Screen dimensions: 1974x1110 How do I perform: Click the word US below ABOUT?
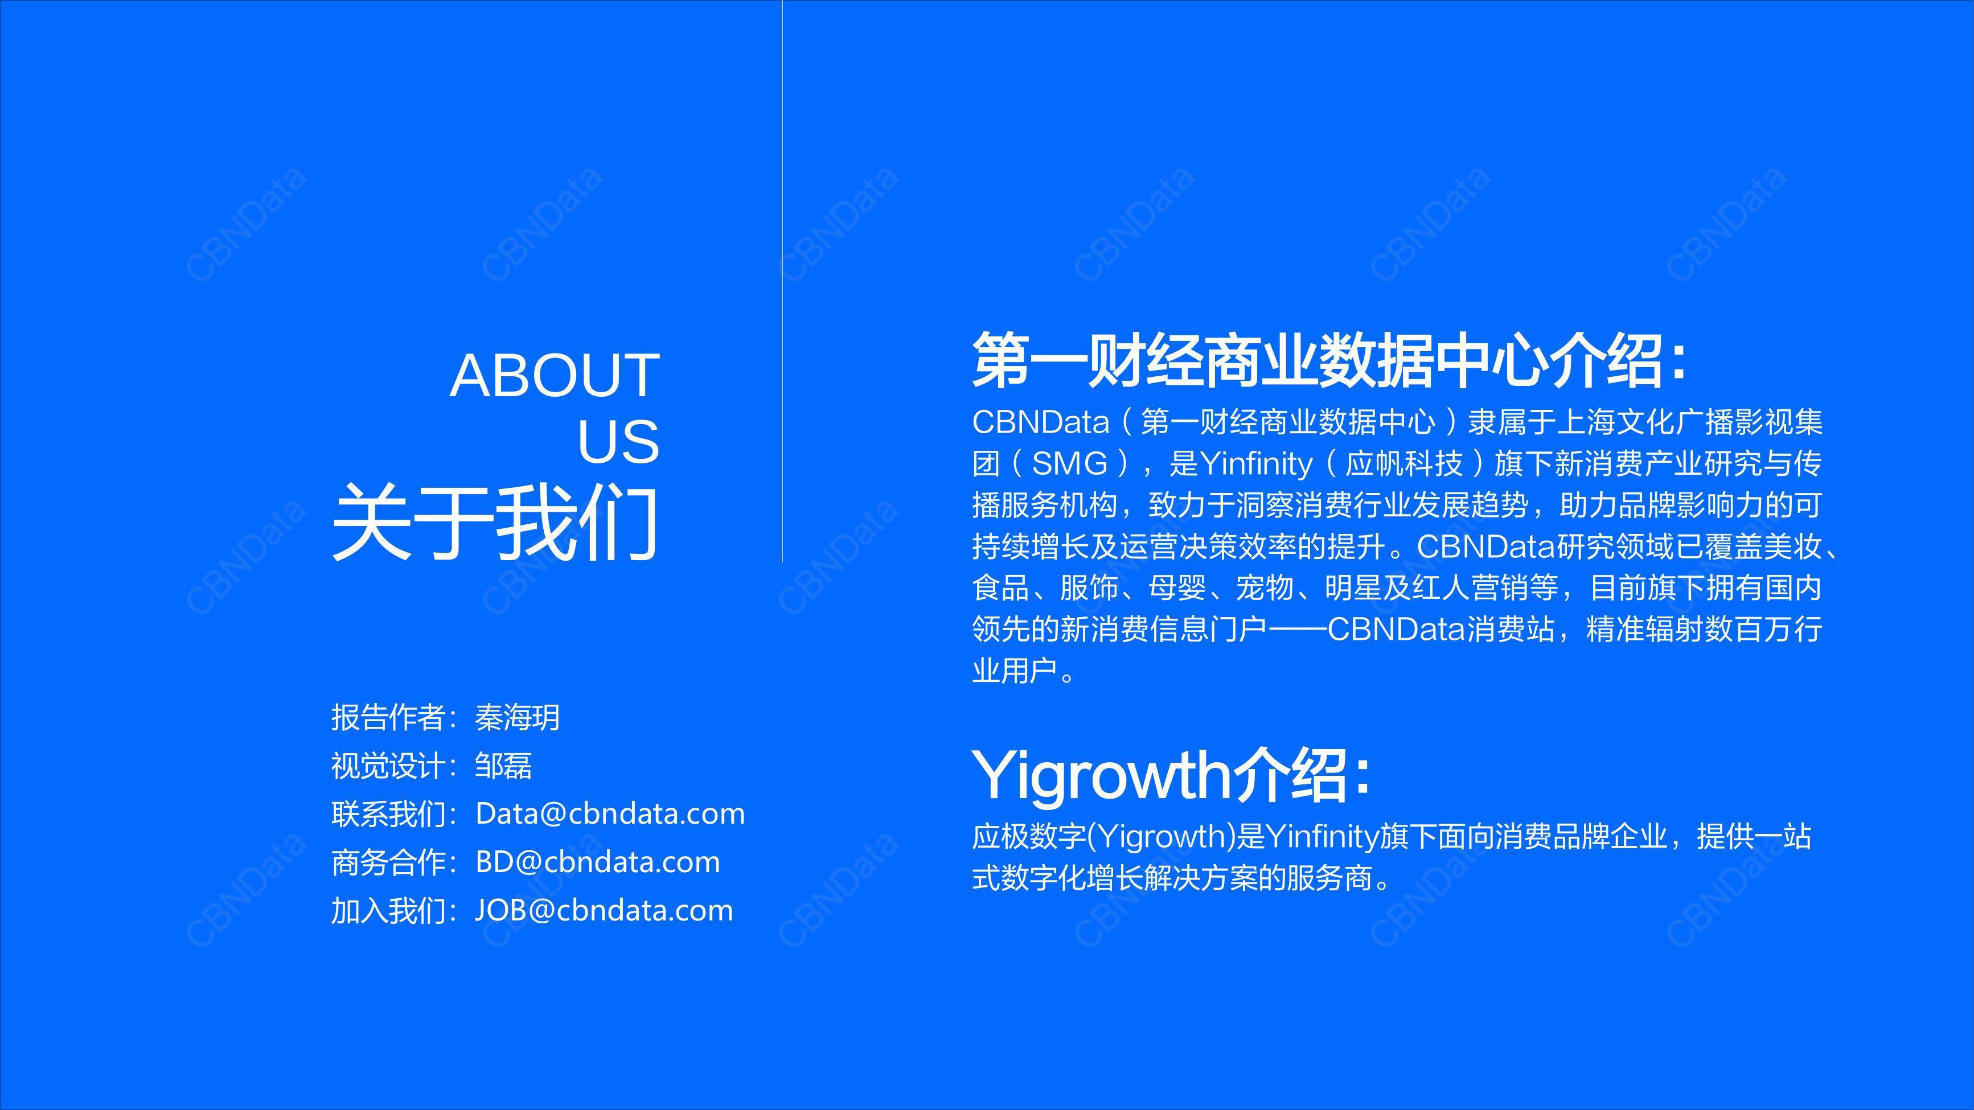click(x=618, y=442)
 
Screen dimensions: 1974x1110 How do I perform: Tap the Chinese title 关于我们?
click(x=495, y=523)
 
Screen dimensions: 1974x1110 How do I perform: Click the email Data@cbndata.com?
click(x=610, y=813)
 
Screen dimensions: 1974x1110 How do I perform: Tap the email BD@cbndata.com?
click(x=598, y=862)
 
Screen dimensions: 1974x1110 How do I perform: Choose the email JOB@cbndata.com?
click(x=604, y=910)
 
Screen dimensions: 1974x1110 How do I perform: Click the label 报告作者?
click(x=388, y=718)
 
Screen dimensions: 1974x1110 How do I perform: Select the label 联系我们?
click(x=388, y=813)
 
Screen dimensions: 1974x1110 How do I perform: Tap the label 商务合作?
click(x=388, y=862)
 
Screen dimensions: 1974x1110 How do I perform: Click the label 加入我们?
click(x=388, y=910)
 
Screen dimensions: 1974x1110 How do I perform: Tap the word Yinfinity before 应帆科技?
click(x=1256, y=463)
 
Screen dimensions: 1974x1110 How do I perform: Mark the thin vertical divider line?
click(x=782, y=281)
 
